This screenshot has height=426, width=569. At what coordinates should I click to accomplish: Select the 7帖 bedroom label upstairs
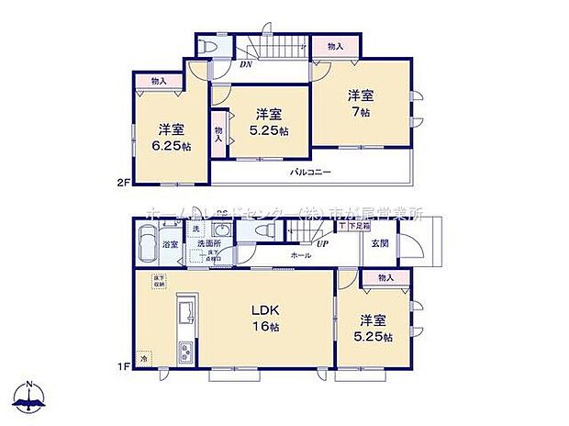[x=360, y=102]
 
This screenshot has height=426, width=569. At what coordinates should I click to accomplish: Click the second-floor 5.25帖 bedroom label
[x=267, y=121]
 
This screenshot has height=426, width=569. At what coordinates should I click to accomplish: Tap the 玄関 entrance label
[x=380, y=243]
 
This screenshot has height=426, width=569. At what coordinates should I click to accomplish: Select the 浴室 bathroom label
[x=170, y=245]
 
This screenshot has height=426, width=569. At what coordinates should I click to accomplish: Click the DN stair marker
[x=246, y=64]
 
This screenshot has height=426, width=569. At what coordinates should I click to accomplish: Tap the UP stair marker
[x=322, y=243]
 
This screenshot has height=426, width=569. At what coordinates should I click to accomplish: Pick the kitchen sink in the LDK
[x=183, y=313]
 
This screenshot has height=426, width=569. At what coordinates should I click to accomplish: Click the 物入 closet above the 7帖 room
[x=335, y=47]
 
